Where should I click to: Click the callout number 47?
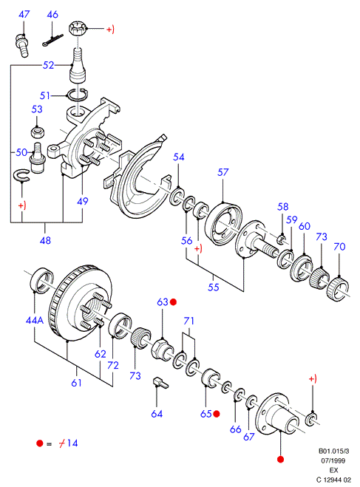click(x=24, y=14)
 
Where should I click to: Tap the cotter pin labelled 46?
click(x=52, y=40)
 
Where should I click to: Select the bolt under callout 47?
click(x=22, y=46)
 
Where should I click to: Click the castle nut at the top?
click(x=76, y=29)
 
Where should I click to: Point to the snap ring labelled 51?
click(x=78, y=95)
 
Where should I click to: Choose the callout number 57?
click(x=223, y=172)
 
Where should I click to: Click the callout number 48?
click(x=45, y=240)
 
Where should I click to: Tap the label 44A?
click(x=35, y=320)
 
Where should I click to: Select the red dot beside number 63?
click(x=173, y=302)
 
